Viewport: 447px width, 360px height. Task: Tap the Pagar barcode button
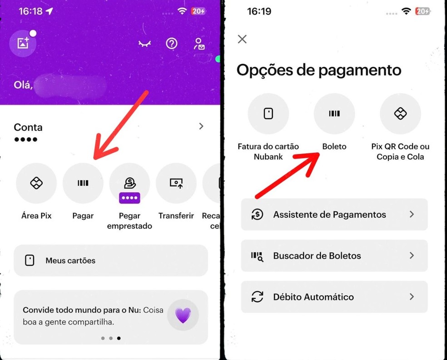click(x=83, y=183)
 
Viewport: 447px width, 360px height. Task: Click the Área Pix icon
click(x=36, y=183)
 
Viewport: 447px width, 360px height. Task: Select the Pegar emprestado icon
click(x=129, y=183)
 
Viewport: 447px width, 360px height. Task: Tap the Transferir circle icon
click(x=176, y=183)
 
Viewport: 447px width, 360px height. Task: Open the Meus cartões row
click(x=111, y=260)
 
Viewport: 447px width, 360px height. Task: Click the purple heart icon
click(x=183, y=315)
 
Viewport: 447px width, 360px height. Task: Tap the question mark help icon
click(x=171, y=44)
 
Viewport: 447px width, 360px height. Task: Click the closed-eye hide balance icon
click(x=144, y=44)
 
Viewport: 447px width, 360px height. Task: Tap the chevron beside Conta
click(x=201, y=126)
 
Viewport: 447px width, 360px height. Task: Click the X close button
click(x=242, y=39)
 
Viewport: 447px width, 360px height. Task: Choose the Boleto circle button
click(x=334, y=114)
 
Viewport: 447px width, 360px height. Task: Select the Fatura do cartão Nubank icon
click(x=268, y=114)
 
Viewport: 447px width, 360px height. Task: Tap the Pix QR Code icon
click(x=400, y=114)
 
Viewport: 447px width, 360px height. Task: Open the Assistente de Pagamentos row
click(x=334, y=215)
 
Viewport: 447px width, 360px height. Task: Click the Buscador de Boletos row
click(x=334, y=256)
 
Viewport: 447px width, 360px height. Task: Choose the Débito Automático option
click(x=334, y=297)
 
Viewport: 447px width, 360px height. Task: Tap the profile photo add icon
click(x=23, y=43)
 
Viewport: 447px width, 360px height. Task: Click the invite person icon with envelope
click(x=199, y=44)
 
